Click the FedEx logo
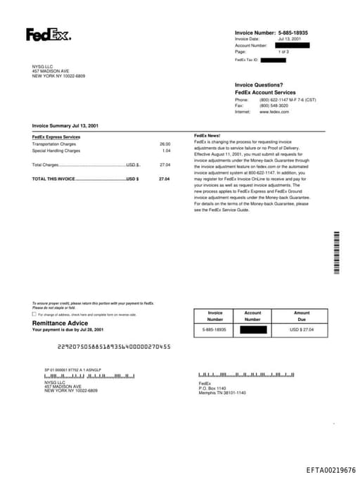point(48,34)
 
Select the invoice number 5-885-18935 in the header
point(293,33)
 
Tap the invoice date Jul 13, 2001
point(289,39)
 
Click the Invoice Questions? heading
point(259,85)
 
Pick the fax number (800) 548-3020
point(274,106)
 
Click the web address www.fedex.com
point(274,112)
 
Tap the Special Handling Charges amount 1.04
point(166,151)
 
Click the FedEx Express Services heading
point(56,136)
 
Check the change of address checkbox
point(34,314)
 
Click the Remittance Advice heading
point(60,323)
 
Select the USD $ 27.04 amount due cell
point(302,329)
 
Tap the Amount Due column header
point(302,316)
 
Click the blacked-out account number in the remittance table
point(252,329)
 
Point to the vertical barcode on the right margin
point(336,253)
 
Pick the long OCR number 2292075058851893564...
point(114,346)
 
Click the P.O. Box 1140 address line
point(212,388)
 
